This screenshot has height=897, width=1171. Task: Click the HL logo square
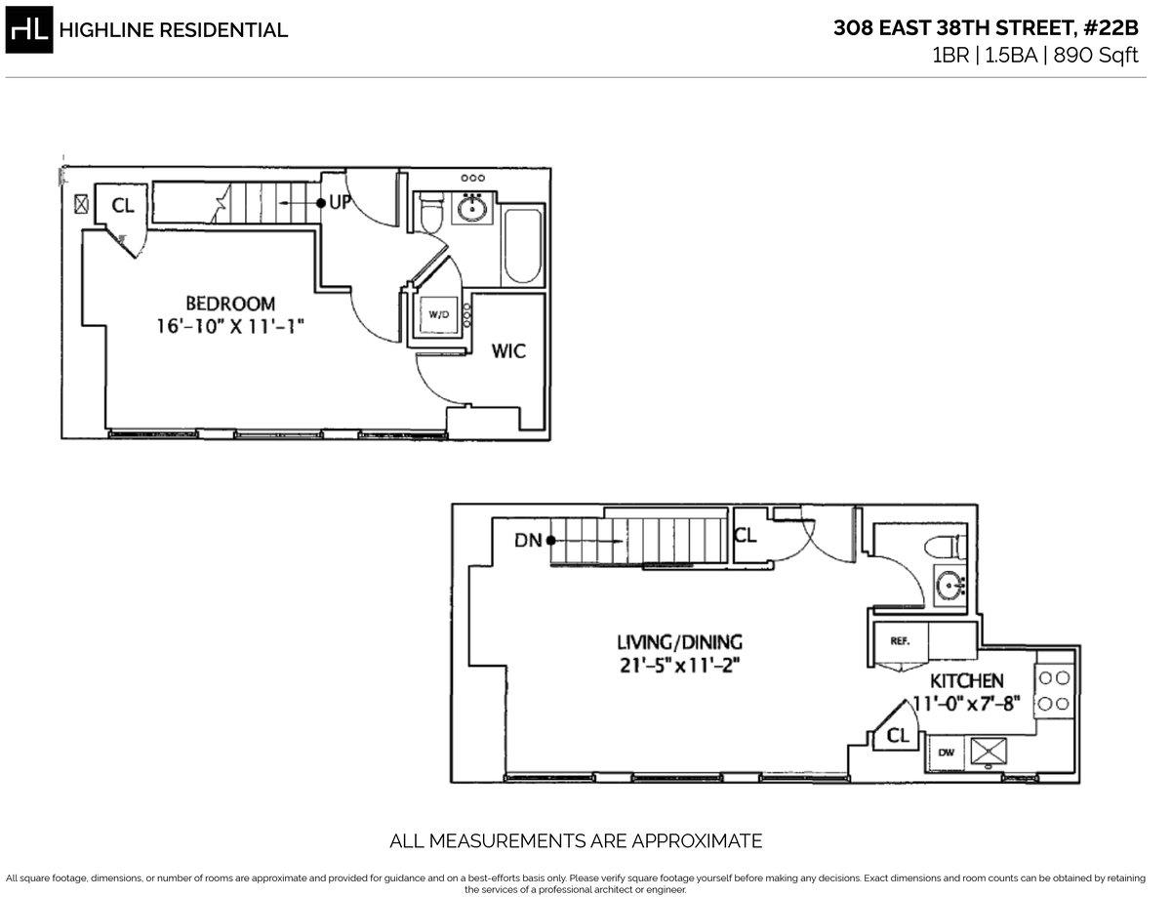pos(29,29)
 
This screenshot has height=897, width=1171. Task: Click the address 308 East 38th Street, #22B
pos(986,28)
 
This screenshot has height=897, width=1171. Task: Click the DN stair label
pos(530,540)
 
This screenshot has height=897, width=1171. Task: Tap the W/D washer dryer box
pos(439,314)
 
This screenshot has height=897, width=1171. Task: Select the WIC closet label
pos(508,350)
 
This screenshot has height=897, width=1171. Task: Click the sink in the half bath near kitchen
pos(949,586)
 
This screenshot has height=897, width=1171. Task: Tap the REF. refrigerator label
pos(899,641)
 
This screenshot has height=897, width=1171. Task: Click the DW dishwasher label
pos(945,752)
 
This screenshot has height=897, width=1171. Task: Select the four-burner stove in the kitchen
pos(1054,689)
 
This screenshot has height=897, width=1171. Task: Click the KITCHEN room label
pos(966,680)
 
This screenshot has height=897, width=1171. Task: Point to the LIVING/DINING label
pos(679,642)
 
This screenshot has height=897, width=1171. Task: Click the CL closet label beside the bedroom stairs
pos(122,206)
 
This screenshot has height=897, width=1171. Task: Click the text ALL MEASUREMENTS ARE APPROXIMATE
pos(576,840)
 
